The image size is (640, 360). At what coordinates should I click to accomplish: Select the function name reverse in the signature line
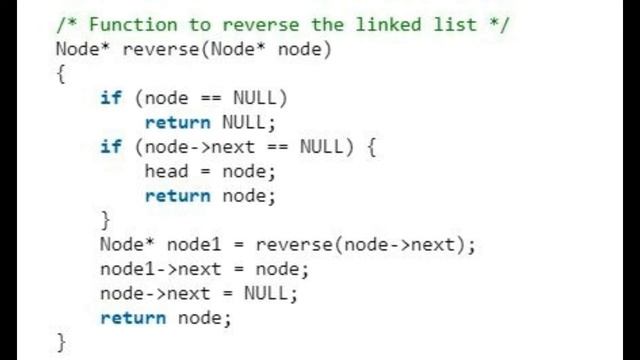(x=161, y=48)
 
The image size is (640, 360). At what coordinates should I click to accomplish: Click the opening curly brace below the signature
(x=61, y=73)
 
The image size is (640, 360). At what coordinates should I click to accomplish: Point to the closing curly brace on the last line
(x=61, y=342)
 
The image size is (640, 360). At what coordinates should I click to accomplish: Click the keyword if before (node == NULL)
(x=111, y=98)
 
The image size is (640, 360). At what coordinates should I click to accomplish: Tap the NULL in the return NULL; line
(x=247, y=122)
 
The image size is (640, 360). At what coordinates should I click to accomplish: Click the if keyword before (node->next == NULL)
(x=111, y=146)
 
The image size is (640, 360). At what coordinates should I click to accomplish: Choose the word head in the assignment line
(x=166, y=171)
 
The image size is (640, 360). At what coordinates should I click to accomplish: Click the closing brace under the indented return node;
(x=106, y=219)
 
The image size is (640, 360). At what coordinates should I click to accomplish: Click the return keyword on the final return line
(x=133, y=318)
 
